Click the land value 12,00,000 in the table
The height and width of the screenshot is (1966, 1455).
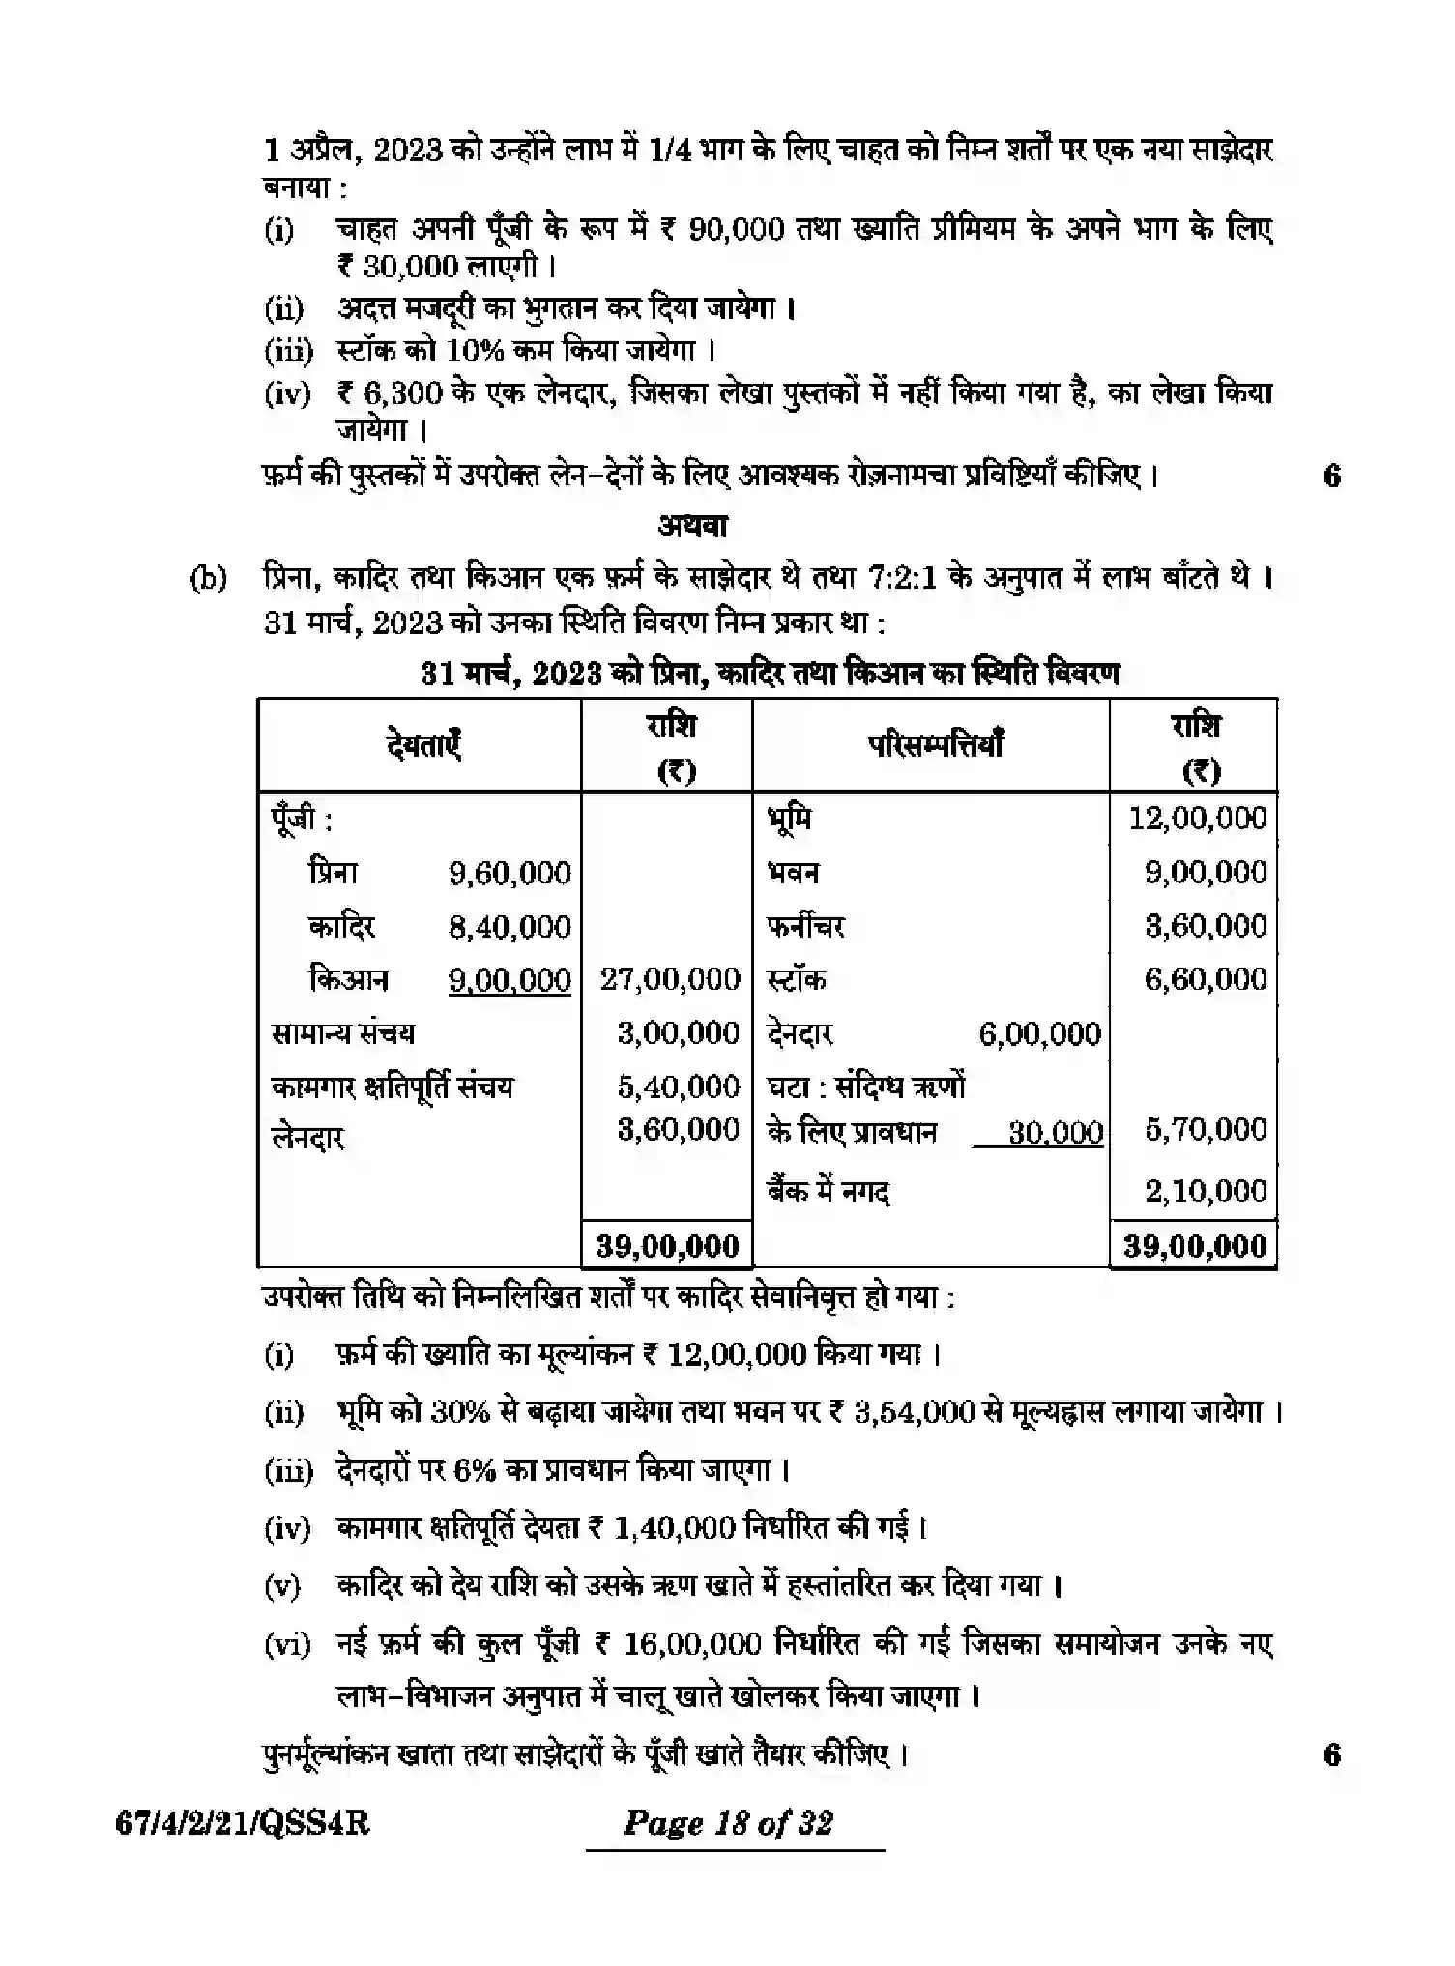(x=1198, y=819)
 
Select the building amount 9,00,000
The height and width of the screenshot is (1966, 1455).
(x=1206, y=873)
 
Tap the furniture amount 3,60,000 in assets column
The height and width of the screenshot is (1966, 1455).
(x=1206, y=926)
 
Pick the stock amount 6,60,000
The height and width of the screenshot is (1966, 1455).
(x=1206, y=979)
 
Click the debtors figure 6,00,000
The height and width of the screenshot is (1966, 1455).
(x=1039, y=1034)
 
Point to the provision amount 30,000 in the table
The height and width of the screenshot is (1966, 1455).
(x=1055, y=1132)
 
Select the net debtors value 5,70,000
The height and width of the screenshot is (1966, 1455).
(x=1206, y=1129)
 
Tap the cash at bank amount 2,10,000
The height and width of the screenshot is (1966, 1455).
(x=1206, y=1191)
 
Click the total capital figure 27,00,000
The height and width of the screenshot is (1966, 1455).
(x=670, y=979)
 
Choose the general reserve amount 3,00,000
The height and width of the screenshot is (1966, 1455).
(x=678, y=1033)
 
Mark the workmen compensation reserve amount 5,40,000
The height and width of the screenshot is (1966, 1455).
(x=678, y=1086)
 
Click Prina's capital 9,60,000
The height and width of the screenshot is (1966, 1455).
(x=509, y=873)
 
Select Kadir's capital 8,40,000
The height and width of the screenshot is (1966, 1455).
(x=509, y=927)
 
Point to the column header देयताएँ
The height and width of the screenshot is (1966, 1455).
(x=422, y=744)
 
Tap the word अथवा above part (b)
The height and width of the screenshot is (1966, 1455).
(x=692, y=526)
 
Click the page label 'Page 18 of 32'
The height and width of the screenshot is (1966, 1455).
(x=728, y=1824)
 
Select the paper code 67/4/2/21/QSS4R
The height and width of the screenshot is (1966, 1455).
(x=243, y=1824)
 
